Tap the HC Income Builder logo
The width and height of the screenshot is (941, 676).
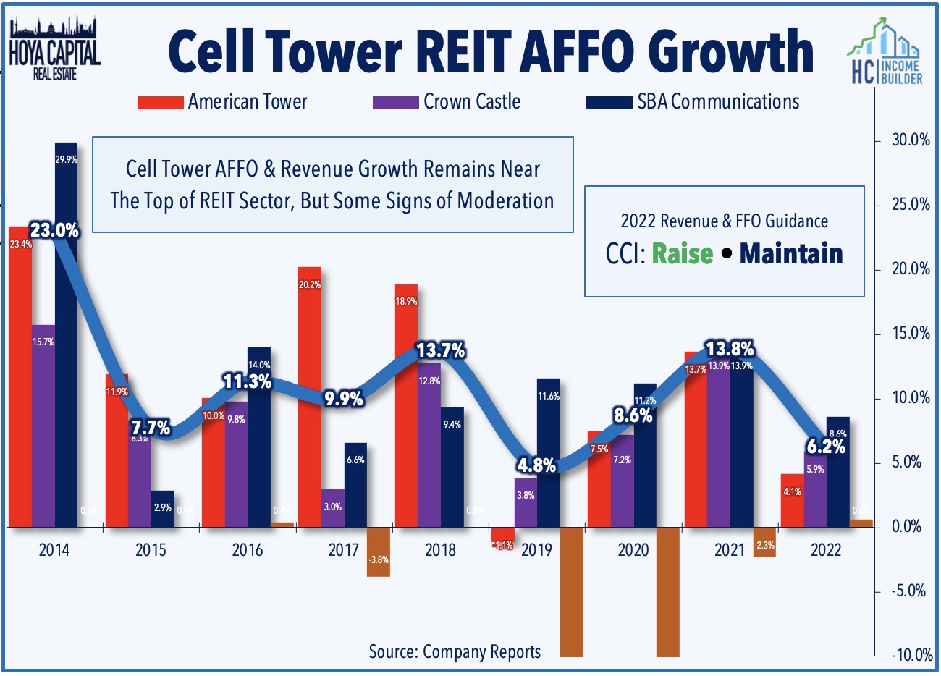885,54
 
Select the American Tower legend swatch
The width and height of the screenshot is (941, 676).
160,103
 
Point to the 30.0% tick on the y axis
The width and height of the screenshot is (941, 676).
910,140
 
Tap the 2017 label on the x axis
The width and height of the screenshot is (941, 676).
344,550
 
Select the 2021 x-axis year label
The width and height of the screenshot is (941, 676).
730,550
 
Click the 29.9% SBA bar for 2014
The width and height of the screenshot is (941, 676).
66,333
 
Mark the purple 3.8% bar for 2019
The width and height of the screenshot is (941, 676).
526,502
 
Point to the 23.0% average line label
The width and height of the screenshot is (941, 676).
54,231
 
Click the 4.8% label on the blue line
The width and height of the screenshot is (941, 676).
536,465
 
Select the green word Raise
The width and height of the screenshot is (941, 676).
683,254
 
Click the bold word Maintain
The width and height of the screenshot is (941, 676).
791,254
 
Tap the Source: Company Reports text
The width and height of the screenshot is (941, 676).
455,651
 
